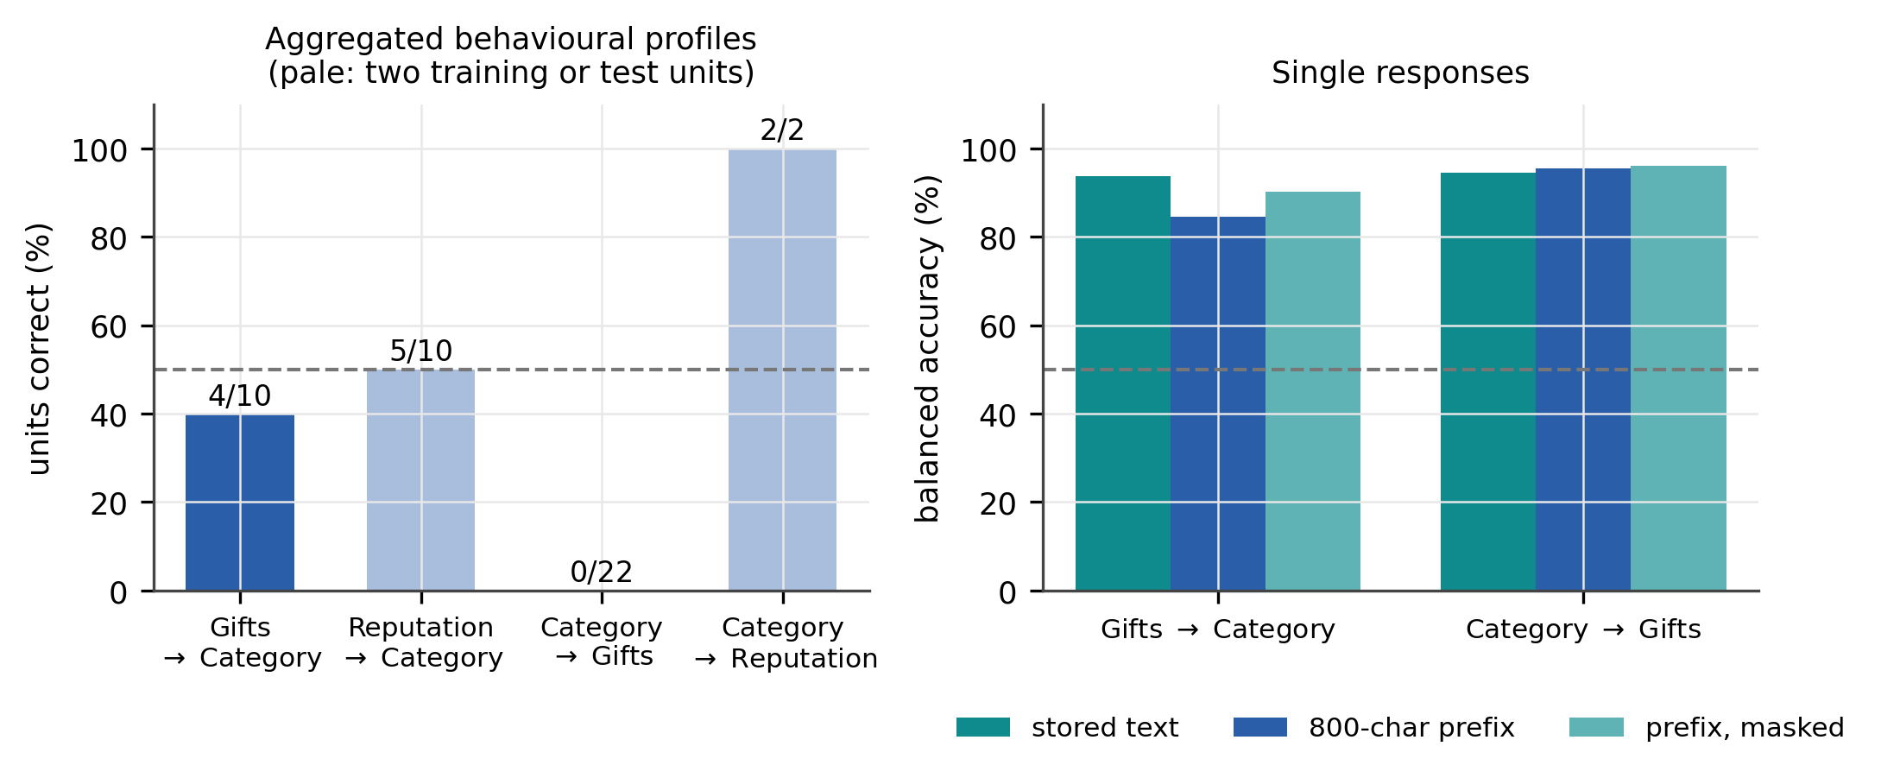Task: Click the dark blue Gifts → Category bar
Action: [x=240, y=503]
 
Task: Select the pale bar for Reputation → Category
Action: [x=420, y=480]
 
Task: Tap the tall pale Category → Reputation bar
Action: [x=782, y=370]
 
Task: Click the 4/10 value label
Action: [x=240, y=395]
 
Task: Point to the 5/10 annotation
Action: [x=420, y=351]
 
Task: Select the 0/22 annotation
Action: [x=602, y=572]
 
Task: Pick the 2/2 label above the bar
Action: [x=782, y=130]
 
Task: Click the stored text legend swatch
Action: [x=983, y=727]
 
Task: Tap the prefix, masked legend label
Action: [x=1745, y=728]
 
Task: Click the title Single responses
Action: [x=1400, y=73]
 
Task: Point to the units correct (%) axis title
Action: [x=39, y=349]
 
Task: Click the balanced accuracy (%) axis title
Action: [x=927, y=349]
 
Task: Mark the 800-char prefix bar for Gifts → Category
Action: [x=1218, y=404]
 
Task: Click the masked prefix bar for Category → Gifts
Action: [x=1678, y=378]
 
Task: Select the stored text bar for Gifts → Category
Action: [x=1123, y=384]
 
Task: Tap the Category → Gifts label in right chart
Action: [x=1583, y=629]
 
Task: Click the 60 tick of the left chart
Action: [x=109, y=326]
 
